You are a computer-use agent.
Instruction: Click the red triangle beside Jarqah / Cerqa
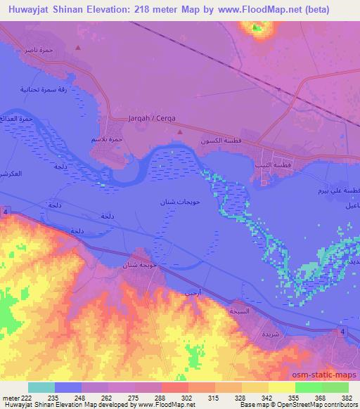click(180, 131)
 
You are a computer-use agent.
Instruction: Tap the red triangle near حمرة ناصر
click(78, 48)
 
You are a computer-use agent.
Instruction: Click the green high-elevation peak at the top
click(255, 28)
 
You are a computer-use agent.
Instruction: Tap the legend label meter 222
click(14, 398)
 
